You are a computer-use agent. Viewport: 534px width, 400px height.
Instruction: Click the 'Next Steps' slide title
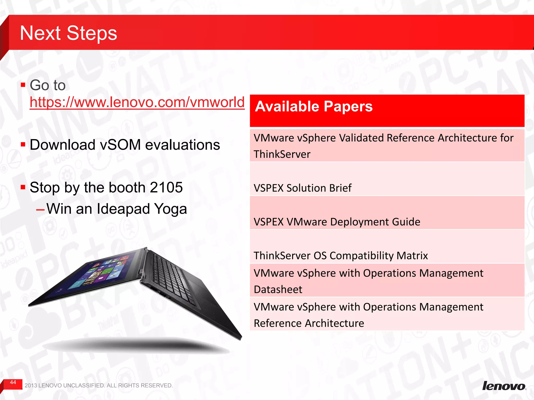pyautogui.click(x=68, y=33)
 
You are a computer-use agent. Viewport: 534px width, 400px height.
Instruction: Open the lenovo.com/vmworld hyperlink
pyautogui.click(x=137, y=102)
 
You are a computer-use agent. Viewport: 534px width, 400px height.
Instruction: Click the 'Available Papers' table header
pyautogui.click(x=314, y=107)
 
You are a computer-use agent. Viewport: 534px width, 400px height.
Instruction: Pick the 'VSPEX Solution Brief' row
pyautogui.click(x=302, y=188)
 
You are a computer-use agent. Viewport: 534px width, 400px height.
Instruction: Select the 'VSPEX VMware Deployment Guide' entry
pyautogui.click(x=337, y=222)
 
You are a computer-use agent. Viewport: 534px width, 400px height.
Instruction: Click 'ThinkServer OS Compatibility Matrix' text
pyautogui.click(x=341, y=256)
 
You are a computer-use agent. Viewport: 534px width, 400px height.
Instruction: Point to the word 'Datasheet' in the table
pyautogui.click(x=278, y=290)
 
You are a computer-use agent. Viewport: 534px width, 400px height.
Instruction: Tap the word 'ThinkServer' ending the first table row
pyautogui.click(x=282, y=154)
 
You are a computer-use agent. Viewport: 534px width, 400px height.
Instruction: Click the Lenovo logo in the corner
pyautogui.click(x=504, y=386)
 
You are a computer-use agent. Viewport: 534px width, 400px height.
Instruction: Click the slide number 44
pyautogui.click(x=13, y=382)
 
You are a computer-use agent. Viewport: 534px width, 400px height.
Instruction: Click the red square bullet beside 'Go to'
pyautogui.click(x=23, y=85)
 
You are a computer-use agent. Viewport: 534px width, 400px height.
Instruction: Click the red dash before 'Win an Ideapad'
pyautogui.click(x=40, y=210)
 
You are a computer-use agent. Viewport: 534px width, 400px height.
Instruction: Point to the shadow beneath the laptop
pyautogui.click(x=136, y=345)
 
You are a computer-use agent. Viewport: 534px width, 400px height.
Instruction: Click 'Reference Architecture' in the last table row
pyautogui.click(x=309, y=323)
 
